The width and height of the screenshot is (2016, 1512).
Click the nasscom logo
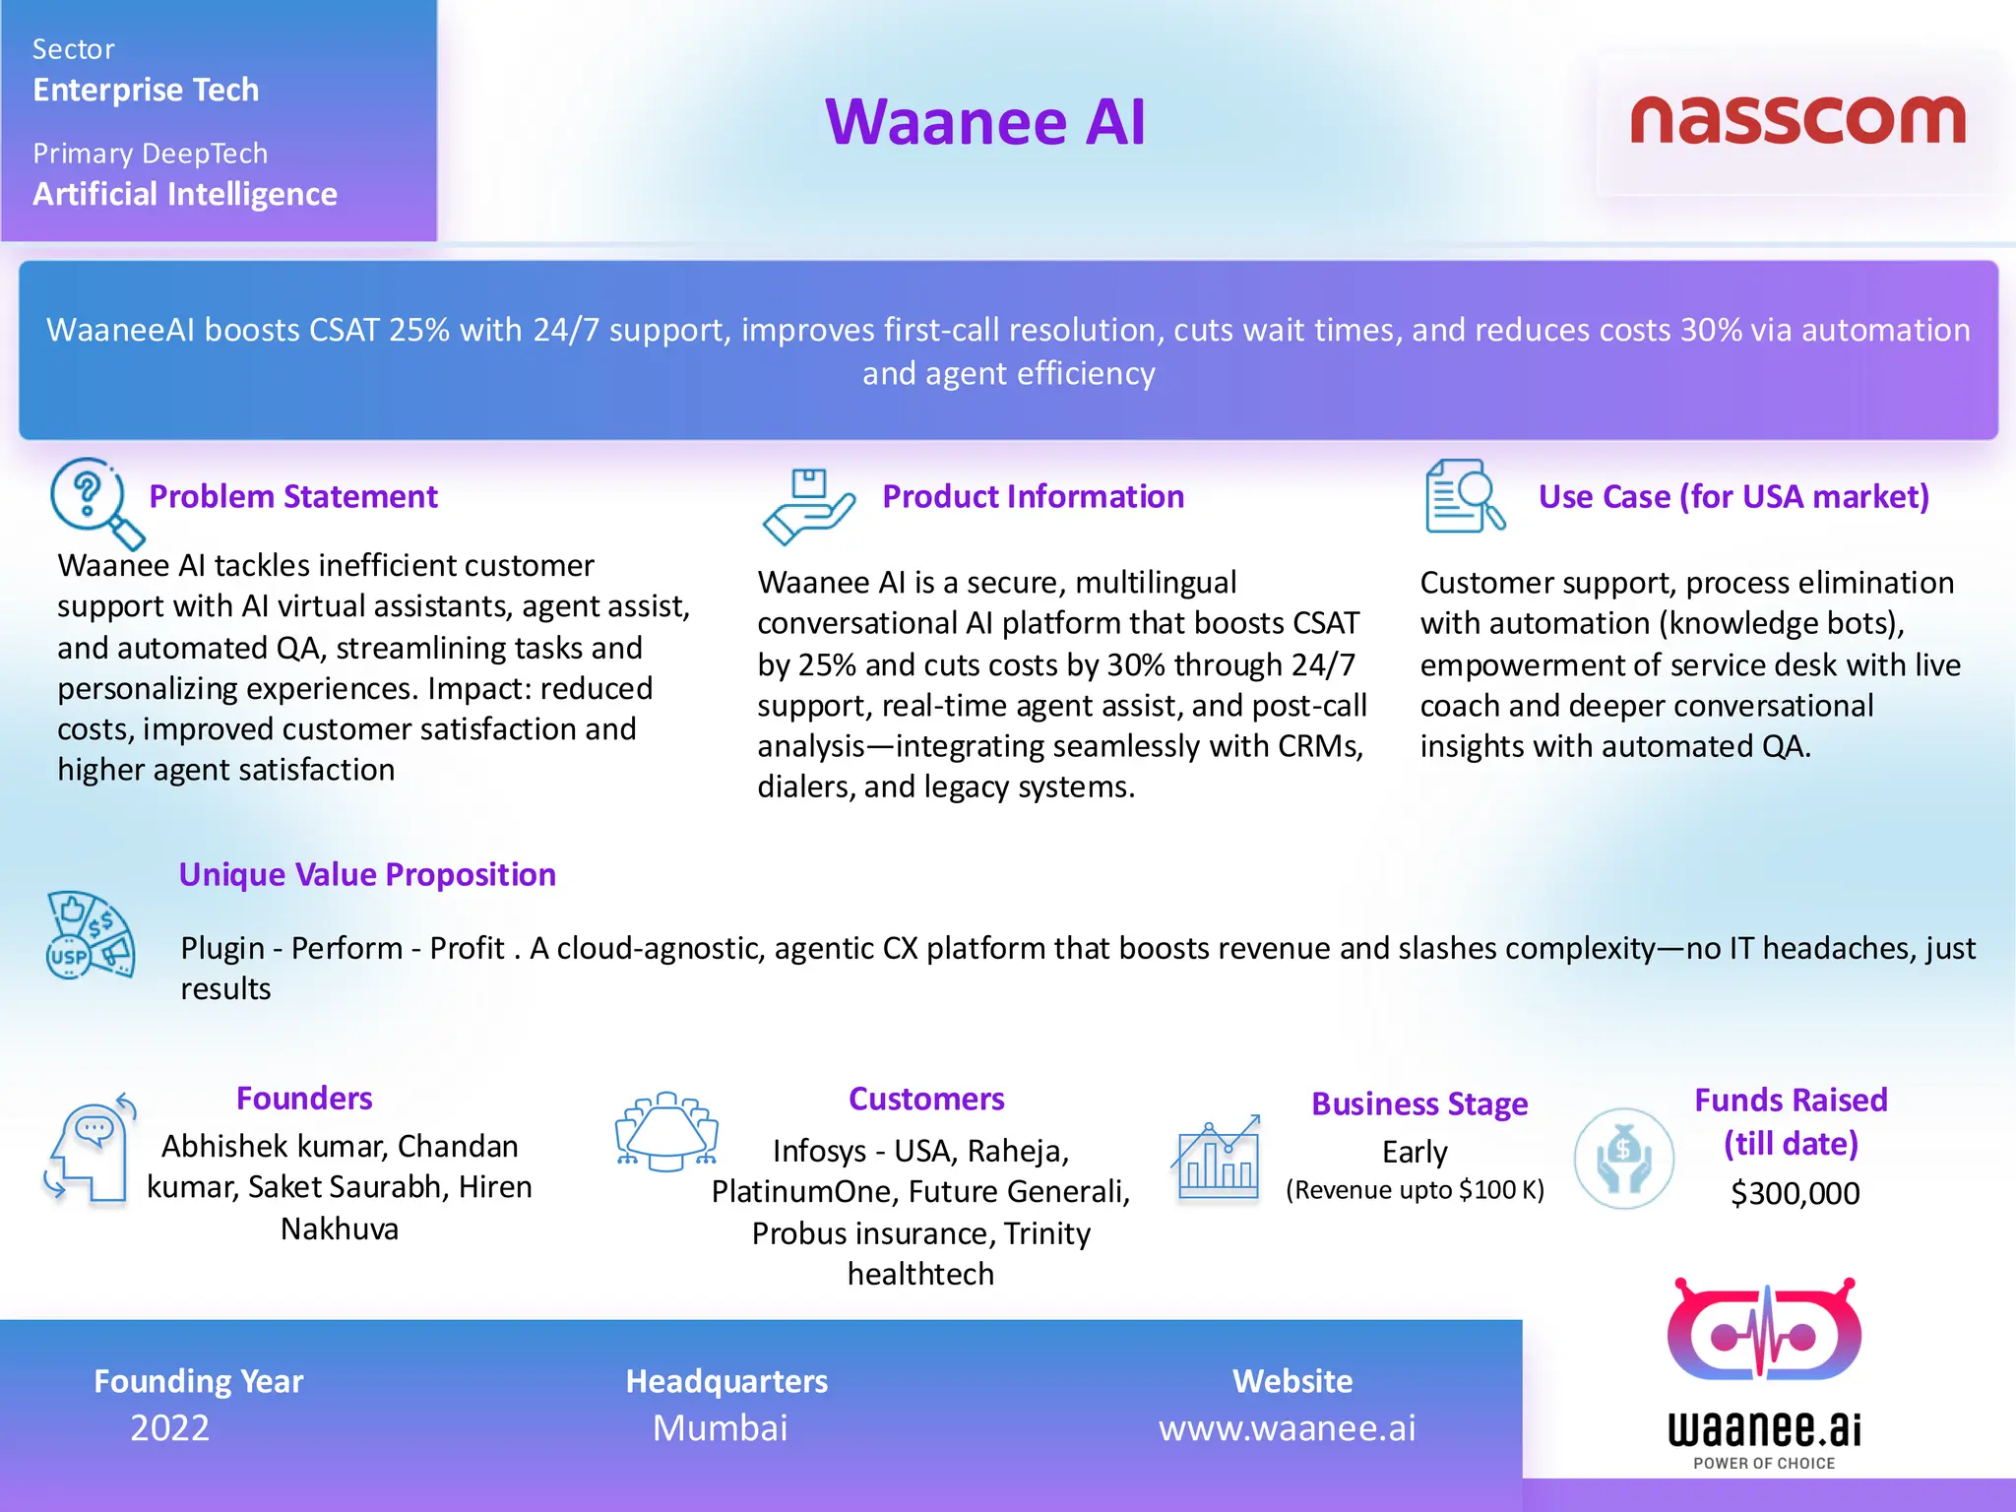[x=1797, y=120]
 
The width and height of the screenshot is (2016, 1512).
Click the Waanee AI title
[x=985, y=122]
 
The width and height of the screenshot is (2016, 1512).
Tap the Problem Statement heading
[x=292, y=496]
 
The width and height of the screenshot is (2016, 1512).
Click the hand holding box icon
[x=808, y=506]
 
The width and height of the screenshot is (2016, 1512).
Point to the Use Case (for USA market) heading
[x=1733, y=496]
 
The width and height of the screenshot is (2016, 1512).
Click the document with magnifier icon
[x=1464, y=496]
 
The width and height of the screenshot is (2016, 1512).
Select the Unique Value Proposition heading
[x=367, y=874]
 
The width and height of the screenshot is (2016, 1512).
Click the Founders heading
[x=304, y=1098]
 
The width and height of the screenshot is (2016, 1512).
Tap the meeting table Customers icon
[x=666, y=1131]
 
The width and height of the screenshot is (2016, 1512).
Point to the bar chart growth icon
[x=1217, y=1158]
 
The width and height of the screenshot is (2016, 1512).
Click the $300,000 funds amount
[x=1795, y=1193]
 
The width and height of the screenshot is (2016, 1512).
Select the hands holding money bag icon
[x=1623, y=1159]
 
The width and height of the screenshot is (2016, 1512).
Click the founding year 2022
[x=169, y=1427]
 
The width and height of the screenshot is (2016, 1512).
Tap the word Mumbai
[x=720, y=1427]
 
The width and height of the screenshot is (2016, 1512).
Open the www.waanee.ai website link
[x=1287, y=1427]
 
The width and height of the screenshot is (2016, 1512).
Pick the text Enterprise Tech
[x=146, y=90]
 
